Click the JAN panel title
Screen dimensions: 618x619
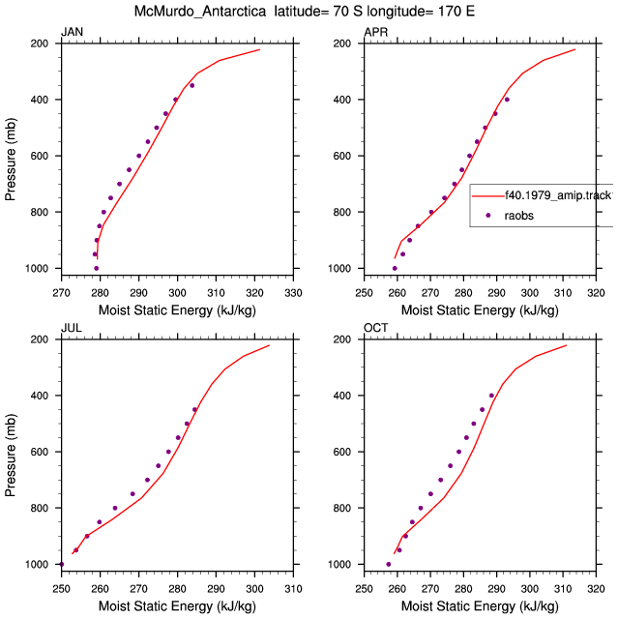pos(72,32)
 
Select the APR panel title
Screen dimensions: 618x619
pos(375,32)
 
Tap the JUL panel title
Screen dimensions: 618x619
pos(72,328)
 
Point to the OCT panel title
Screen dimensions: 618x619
pos(375,328)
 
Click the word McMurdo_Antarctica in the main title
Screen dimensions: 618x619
pos(200,11)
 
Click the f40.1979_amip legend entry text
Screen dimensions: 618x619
pos(559,195)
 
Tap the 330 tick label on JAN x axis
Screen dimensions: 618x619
pos(293,293)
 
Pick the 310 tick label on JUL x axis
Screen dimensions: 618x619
pos(293,589)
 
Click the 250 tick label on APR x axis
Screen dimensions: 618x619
pos(364,293)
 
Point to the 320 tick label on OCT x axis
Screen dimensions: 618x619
pos(596,589)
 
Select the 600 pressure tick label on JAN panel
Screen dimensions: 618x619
pos(40,156)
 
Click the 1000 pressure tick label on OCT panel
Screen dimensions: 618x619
pos(339,565)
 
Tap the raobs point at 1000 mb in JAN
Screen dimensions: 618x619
pos(97,269)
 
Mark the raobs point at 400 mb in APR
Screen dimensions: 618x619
pos(507,100)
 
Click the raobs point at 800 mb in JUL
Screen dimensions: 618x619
pos(115,508)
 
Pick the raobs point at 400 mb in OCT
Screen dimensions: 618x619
pos(491,396)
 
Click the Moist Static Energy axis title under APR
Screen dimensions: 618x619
pos(480,310)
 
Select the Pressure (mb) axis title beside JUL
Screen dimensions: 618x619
pos(11,456)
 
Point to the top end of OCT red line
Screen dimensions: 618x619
pos(567,345)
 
